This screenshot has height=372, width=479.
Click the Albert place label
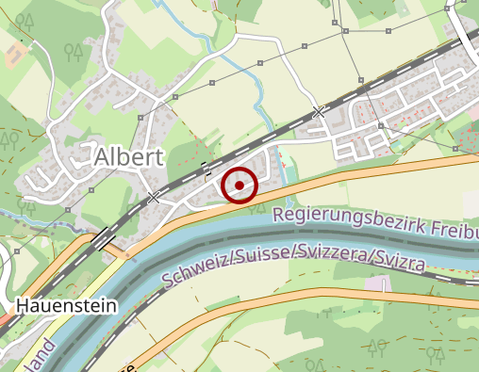[129, 157]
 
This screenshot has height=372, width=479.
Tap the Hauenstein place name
[65, 305]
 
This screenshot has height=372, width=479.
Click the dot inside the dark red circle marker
[239, 186]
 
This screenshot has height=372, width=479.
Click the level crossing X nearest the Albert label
[154, 198]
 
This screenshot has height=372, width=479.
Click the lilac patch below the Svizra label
[377, 283]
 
